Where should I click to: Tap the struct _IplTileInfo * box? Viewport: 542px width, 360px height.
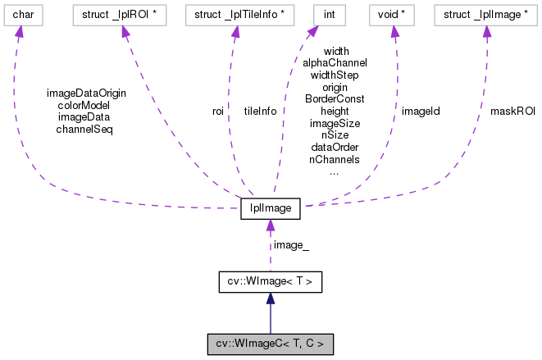coord(235,15)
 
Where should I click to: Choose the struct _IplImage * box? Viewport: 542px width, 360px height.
coord(485,15)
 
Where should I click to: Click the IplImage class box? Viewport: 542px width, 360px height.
coord(270,209)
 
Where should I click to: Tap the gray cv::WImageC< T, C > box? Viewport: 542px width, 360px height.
coord(270,344)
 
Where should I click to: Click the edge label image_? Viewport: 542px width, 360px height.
coord(291,245)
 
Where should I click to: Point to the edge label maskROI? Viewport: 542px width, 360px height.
coord(512,111)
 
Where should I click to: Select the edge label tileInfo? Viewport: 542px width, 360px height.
coord(260,111)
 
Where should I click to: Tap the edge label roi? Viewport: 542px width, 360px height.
coord(218,111)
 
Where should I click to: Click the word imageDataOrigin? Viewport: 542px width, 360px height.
coord(86,93)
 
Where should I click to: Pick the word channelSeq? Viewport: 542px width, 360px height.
coord(84,129)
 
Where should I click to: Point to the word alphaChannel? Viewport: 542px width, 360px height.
coord(335,62)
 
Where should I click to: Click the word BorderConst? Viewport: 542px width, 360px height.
coord(335,98)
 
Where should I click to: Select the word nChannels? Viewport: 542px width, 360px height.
coord(335,160)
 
